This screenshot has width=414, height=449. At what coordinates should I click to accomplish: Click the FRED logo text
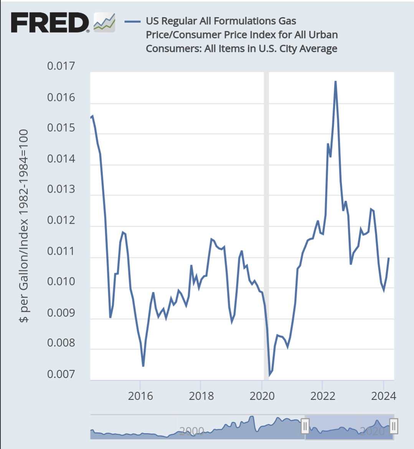(50, 23)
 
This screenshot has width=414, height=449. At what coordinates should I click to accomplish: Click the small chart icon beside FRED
(104, 23)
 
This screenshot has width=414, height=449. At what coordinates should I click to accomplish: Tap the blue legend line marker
(132, 21)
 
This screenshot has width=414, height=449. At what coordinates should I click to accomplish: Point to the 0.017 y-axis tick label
(61, 66)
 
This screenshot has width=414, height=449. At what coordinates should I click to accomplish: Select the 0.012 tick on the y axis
(61, 220)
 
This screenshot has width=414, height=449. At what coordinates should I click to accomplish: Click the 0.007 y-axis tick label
(61, 374)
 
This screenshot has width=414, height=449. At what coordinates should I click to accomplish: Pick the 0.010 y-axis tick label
(61, 282)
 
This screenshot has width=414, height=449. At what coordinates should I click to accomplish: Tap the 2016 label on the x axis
(140, 396)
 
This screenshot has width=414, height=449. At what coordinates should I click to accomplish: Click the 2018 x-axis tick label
(201, 396)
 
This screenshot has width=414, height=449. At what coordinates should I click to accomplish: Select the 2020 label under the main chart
(262, 396)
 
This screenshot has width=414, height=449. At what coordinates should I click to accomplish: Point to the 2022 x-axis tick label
(323, 396)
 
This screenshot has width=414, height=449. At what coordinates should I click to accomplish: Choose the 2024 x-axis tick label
(383, 396)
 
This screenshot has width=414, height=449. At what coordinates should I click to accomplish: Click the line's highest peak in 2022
(335, 82)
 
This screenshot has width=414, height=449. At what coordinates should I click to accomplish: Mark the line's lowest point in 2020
(269, 375)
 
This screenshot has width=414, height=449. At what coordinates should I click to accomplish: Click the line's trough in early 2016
(143, 366)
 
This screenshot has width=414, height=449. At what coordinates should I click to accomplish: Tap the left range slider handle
(305, 426)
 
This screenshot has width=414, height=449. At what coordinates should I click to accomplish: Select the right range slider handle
(394, 426)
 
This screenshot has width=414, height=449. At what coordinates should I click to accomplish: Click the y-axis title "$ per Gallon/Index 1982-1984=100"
(24, 226)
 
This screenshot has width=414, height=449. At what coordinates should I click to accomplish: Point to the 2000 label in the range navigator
(192, 431)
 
